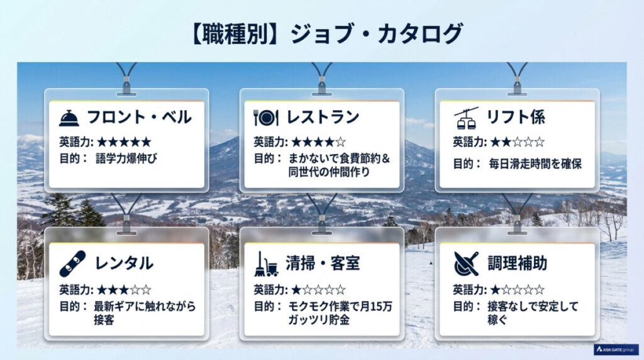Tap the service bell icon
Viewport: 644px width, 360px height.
[x=69, y=118]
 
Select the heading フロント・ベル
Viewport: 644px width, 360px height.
[x=139, y=118]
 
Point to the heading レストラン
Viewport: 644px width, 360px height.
[x=323, y=118]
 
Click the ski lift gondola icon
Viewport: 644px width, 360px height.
[x=466, y=118]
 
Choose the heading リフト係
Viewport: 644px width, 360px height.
[x=516, y=118]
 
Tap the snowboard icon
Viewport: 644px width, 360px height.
[x=72, y=264]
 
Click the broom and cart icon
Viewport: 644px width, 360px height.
[x=266, y=264]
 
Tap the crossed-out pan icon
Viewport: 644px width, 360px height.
[x=466, y=264]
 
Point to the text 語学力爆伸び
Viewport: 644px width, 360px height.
[x=126, y=159]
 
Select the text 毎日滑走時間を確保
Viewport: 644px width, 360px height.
[x=535, y=164]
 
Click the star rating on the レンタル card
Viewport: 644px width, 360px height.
[x=124, y=290]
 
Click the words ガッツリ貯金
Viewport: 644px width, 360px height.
[x=321, y=320]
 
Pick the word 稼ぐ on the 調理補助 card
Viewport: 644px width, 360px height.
[x=497, y=320]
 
